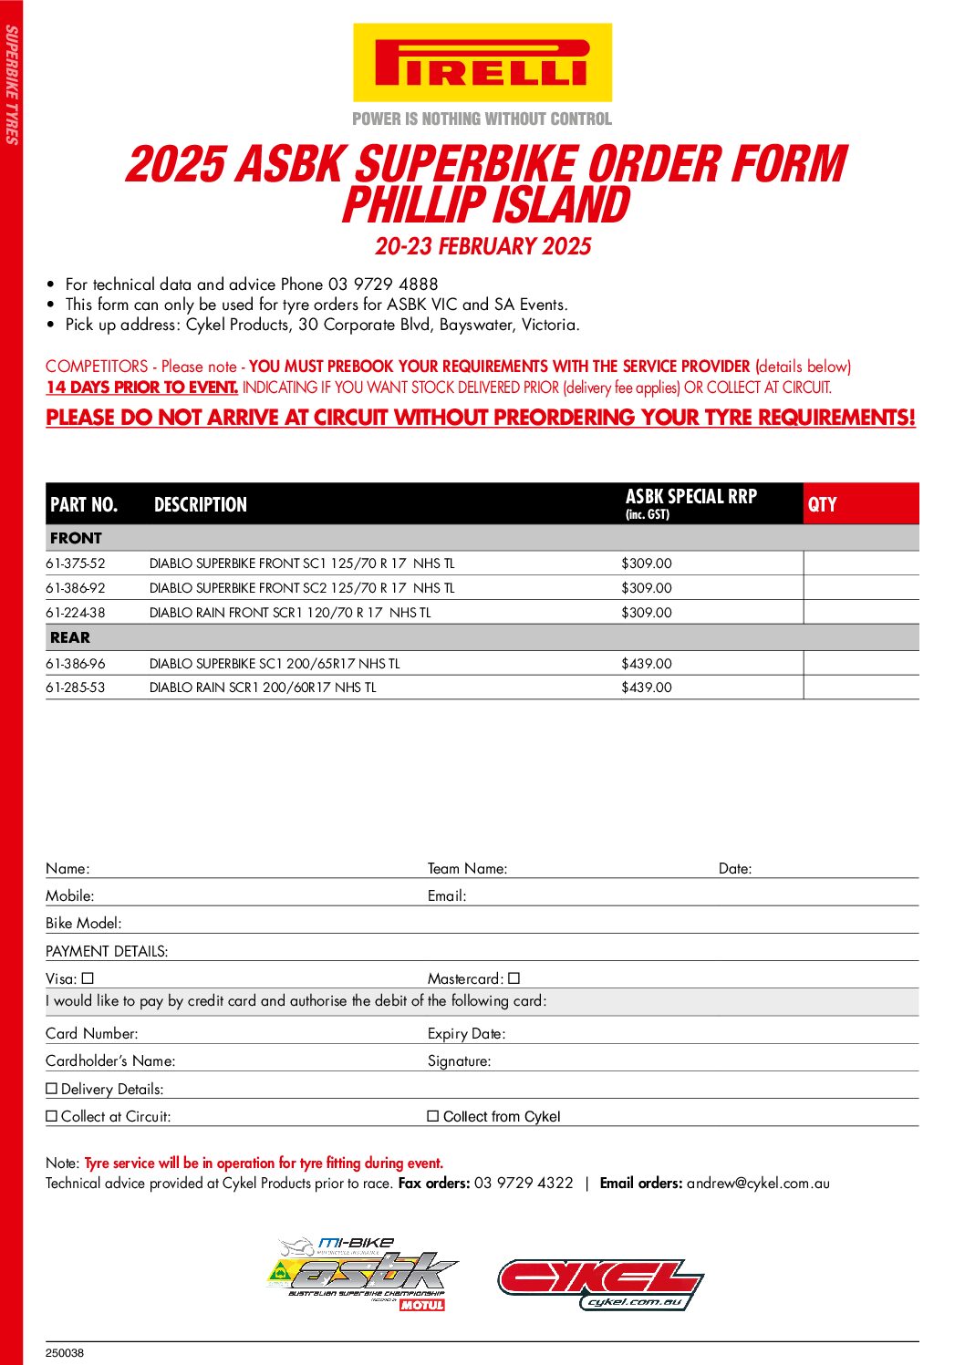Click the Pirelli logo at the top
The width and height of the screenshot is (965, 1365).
pyautogui.click(x=482, y=63)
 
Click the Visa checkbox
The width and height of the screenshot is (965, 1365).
pyautogui.click(x=88, y=978)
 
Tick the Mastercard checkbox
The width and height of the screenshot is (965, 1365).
pyautogui.click(x=514, y=978)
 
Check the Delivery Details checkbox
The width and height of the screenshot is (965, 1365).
pyautogui.click(x=52, y=1089)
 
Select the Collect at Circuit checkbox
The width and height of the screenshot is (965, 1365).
pyautogui.click(x=52, y=1116)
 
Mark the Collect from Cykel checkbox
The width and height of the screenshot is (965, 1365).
pyautogui.click(x=433, y=1116)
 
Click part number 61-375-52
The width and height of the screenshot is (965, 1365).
pyautogui.click(x=76, y=564)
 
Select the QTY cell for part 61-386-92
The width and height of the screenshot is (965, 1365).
pyautogui.click(x=860, y=588)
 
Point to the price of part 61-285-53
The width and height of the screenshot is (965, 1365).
pyautogui.click(x=647, y=688)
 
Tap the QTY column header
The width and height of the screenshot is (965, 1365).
pyautogui.click(x=823, y=504)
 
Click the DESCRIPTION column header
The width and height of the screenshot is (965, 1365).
pyautogui.click(x=201, y=504)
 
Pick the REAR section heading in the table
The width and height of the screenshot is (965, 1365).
pyautogui.click(x=70, y=637)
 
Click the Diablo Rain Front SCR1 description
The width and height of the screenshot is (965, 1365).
pyautogui.click(x=290, y=613)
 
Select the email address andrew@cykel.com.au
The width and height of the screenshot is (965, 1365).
pyautogui.click(x=758, y=1183)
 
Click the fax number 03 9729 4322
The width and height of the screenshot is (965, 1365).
pyautogui.click(x=524, y=1183)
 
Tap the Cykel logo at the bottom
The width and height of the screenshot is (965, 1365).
pyautogui.click(x=600, y=1284)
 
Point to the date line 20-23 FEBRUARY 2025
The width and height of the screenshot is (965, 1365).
pyautogui.click(x=482, y=246)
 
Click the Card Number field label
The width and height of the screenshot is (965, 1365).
pyautogui.click(x=92, y=1033)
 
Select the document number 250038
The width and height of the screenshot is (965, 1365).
pyautogui.click(x=65, y=1353)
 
